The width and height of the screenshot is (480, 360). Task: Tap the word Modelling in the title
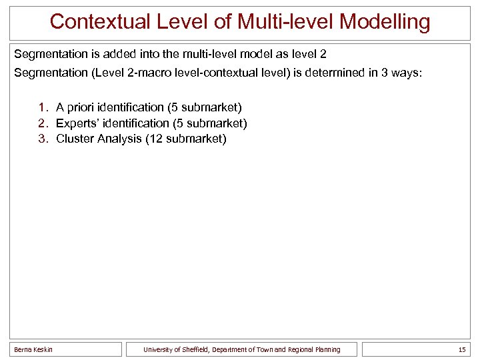(385, 21)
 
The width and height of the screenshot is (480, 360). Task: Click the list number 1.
(43, 107)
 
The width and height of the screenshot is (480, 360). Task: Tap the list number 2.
(43, 123)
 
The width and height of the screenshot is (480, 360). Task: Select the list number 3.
(43, 139)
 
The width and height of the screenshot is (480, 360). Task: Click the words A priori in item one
(73, 107)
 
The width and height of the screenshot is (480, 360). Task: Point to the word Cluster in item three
(74, 139)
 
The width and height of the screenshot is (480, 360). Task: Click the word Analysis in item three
(119, 139)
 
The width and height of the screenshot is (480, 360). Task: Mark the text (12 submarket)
(185, 139)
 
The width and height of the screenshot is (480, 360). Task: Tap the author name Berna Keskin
(33, 349)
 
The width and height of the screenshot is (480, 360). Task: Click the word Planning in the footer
(326, 349)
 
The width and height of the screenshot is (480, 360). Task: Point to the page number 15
(462, 349)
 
